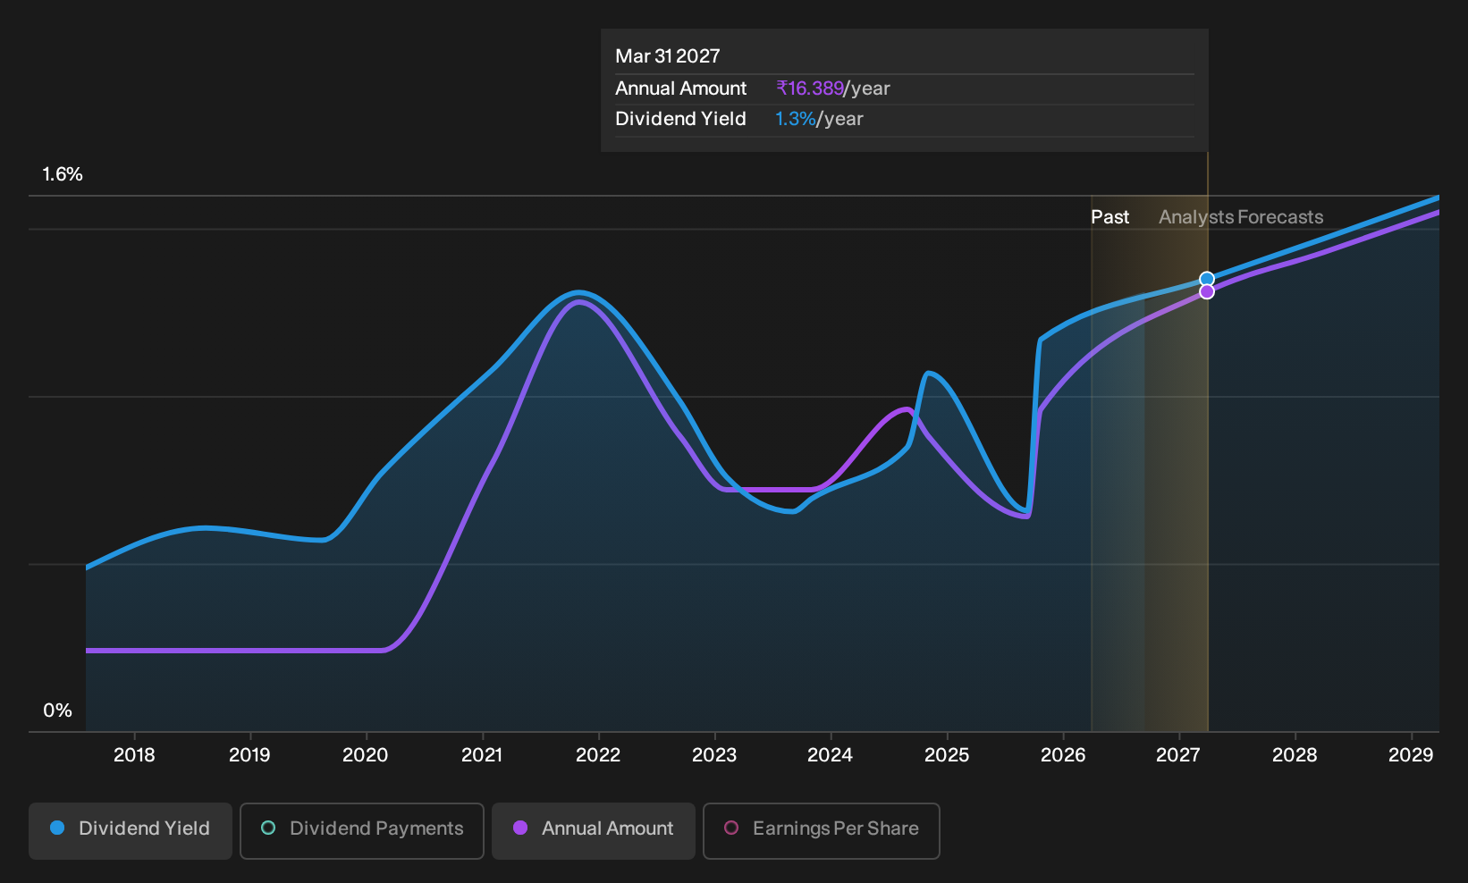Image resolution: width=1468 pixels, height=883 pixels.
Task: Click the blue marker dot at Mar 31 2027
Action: (x=1207, y=280)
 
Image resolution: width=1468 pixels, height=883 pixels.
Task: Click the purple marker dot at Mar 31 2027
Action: (x=1207, y=291)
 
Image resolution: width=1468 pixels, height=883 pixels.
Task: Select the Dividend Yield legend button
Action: (x=131, y=830)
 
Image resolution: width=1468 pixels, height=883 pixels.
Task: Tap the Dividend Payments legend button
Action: (x=362, y=830)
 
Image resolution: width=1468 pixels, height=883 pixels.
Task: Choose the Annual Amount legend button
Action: (x=593, y=830)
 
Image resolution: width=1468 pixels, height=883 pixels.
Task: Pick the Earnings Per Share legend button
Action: (x=821, y=830)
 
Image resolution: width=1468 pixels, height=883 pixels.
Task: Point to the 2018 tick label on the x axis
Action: (x=134, y=755)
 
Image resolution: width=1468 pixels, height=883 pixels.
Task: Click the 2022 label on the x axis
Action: (x=598, y=755)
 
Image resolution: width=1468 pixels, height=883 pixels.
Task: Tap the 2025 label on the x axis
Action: (x=947, y=755)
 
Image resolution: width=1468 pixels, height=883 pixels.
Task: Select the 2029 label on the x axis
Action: (x=1411, y=755)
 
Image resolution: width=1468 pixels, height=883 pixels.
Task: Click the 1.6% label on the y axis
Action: (x=63, y=174)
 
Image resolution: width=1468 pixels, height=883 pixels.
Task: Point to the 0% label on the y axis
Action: (x=58, y=711)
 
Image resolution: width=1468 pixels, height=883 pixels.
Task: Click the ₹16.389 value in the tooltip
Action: (x=809, y=88)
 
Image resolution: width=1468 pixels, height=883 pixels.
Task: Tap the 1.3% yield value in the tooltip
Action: (x=796, y=119)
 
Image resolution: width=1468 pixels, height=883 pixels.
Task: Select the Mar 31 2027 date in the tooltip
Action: (x=667, y=56)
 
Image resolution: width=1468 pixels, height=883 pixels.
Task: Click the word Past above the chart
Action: (x=1109, y=217)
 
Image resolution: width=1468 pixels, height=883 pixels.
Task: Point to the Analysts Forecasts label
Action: (x=1241, y=217)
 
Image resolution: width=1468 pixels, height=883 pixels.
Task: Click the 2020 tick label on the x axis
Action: (x=366, y=755)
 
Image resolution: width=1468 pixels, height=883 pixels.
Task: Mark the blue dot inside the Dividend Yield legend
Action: (x=58, y=828)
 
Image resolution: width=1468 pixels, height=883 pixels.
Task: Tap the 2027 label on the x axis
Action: (x=1178, y=755)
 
